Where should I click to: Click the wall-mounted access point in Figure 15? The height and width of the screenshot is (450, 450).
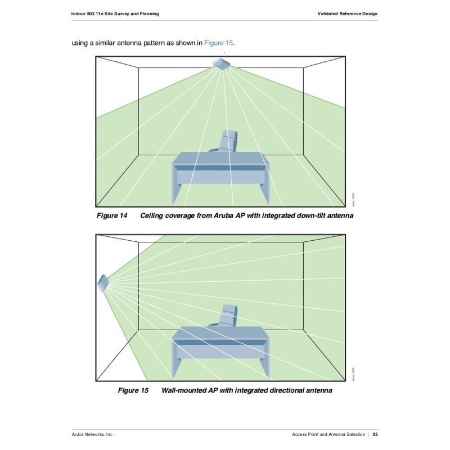click(103, 282)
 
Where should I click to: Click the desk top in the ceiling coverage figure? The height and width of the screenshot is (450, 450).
click(218, 159)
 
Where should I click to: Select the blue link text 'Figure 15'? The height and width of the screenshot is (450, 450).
click(218, 43)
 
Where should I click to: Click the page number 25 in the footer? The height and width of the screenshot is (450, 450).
click(375, 434)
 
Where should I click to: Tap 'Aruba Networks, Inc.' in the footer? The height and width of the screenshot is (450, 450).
click(93, 434)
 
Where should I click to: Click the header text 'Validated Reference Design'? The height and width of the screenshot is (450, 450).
click(348, 13)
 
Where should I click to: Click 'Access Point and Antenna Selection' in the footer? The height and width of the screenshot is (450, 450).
click(328, 434)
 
